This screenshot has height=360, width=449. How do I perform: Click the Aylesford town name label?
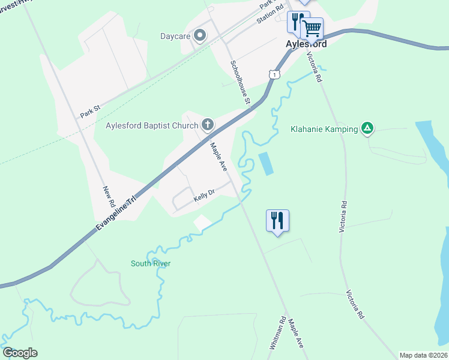coord(306,44)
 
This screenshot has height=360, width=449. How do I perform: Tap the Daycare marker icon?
coord(200,36)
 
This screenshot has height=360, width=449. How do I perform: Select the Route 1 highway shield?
coord(274,74)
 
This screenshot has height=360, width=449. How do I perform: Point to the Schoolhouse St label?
coord(240,83)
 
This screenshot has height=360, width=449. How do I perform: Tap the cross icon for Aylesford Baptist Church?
coord(208,125)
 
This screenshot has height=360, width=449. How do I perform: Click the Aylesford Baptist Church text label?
coord(152,125)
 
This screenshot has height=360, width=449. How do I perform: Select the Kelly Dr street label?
coord(203,197)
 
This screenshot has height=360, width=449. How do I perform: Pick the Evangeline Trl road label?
coord(116,212)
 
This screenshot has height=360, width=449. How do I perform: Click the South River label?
coord(151,263)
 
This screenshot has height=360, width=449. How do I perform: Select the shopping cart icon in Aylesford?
coord(311,28)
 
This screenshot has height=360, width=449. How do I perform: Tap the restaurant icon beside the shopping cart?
coord(296,22)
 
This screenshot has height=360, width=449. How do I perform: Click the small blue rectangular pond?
coord(265,163)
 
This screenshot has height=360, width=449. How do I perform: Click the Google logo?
coord(20,353)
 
